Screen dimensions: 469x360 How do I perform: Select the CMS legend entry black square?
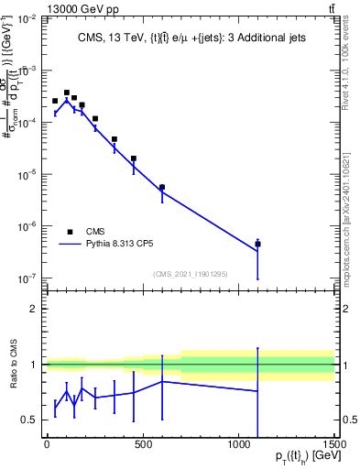point(70,232)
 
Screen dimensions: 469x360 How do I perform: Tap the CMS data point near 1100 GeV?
point(258,244)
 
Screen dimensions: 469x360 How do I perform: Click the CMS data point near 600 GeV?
point(162,187)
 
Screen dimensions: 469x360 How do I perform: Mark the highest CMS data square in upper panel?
point(66,93)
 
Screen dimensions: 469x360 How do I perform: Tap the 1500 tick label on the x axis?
point(335,444)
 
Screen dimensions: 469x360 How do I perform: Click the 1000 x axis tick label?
point(239,444)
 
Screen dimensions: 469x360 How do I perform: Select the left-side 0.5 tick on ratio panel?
point(29,420)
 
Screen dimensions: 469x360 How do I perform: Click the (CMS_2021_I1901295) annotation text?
point(191,274)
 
